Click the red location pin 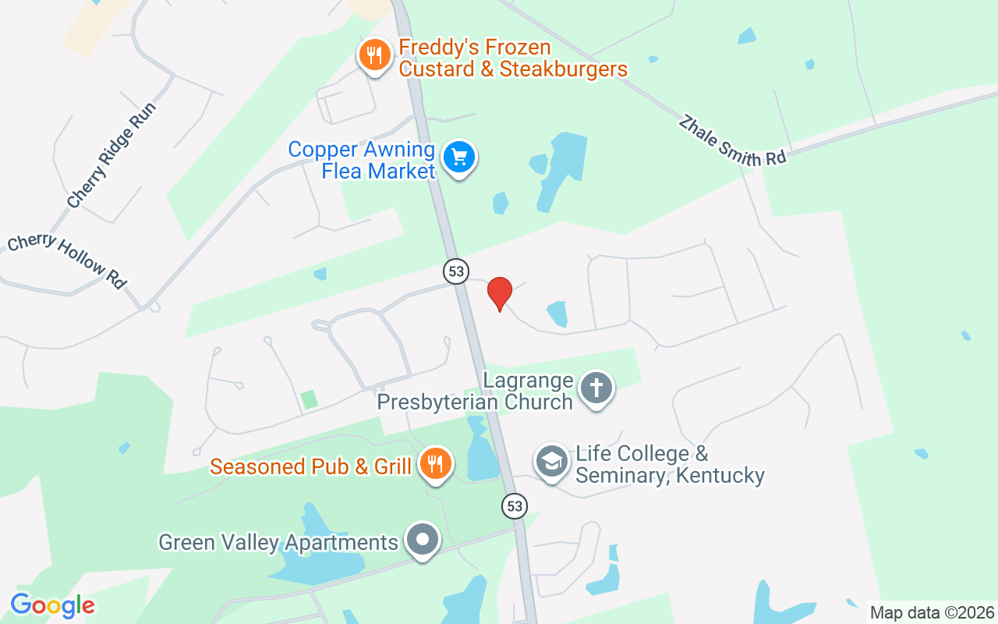[499, 293]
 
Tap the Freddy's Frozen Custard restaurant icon [375, 55]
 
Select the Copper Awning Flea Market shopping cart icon [459, 158]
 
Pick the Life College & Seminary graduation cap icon [552, 462]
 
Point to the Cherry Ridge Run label [111, 155]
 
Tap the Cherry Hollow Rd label [66, 261]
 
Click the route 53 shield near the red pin [456, 271]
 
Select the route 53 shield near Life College [514, 505]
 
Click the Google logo [52, 605]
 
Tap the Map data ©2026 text [932, 612]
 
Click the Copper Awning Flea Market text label [362, 160]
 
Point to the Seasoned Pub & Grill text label [310, 466]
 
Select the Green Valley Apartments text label [278, 542]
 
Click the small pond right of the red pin [557, 314]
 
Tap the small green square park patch [310, 399]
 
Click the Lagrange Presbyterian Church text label [476, 392]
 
